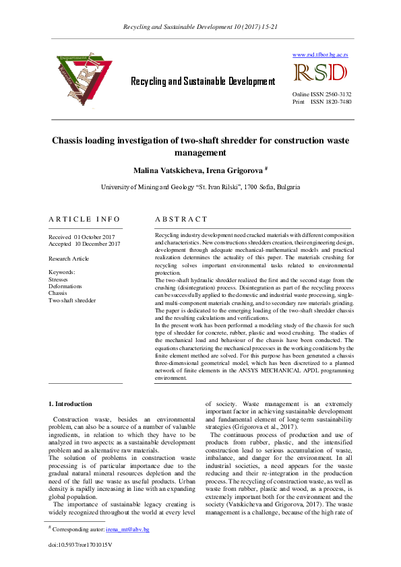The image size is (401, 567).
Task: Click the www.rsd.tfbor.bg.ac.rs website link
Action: pos(320,54)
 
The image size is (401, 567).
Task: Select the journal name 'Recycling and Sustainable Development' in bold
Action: pos(203,81)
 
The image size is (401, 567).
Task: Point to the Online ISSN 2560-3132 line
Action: pos(321,94)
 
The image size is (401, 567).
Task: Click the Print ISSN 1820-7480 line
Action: pos(321,102)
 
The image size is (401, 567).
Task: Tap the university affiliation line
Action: pos(200,187)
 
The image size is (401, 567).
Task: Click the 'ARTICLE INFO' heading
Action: pos(85,220)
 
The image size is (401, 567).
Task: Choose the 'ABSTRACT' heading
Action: pos(181,220)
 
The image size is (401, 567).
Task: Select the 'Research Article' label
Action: pos(69,259)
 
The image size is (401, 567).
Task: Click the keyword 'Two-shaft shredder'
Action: pos(72,300)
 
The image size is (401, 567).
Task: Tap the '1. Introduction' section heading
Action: pos(70,404)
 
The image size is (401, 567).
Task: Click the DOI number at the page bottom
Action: pos(80,543)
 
